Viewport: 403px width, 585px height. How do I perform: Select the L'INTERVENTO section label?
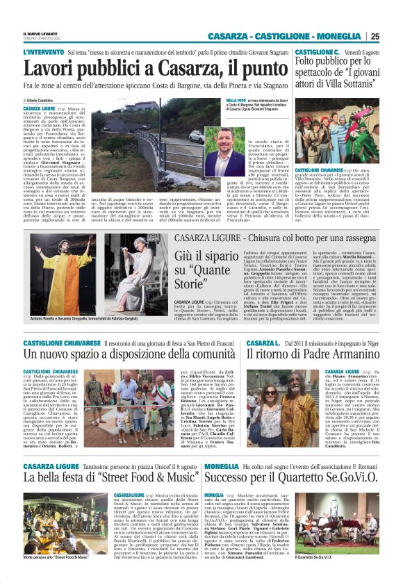(43, 52)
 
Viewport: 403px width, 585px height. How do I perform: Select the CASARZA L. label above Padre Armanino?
(263, 343)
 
